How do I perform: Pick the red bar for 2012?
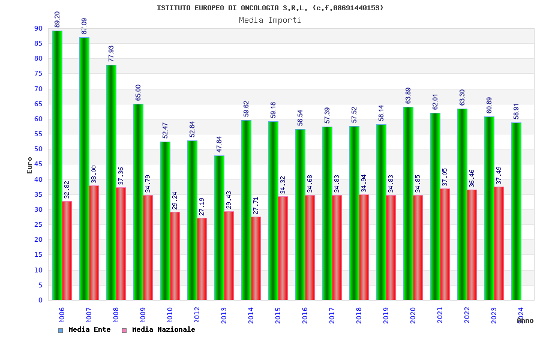click(x=202, y=259)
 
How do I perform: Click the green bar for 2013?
click(x=219, y=227)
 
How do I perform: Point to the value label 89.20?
click(x=58, y=19)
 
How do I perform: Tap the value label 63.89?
click(x=409, y=95)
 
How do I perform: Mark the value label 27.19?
click(x=202, y=206)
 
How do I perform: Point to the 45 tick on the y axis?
click(x=38, y=164)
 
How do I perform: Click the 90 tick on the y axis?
click(x=38, y=28)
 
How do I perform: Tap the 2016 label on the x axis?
click(x=305, y=316)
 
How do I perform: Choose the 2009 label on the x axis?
click(x=143, y=316)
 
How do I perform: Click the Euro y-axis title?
click(x=30, y=165)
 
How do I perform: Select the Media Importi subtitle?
click(x=270, y=20)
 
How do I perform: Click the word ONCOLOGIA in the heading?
click(x=260, y=8)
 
